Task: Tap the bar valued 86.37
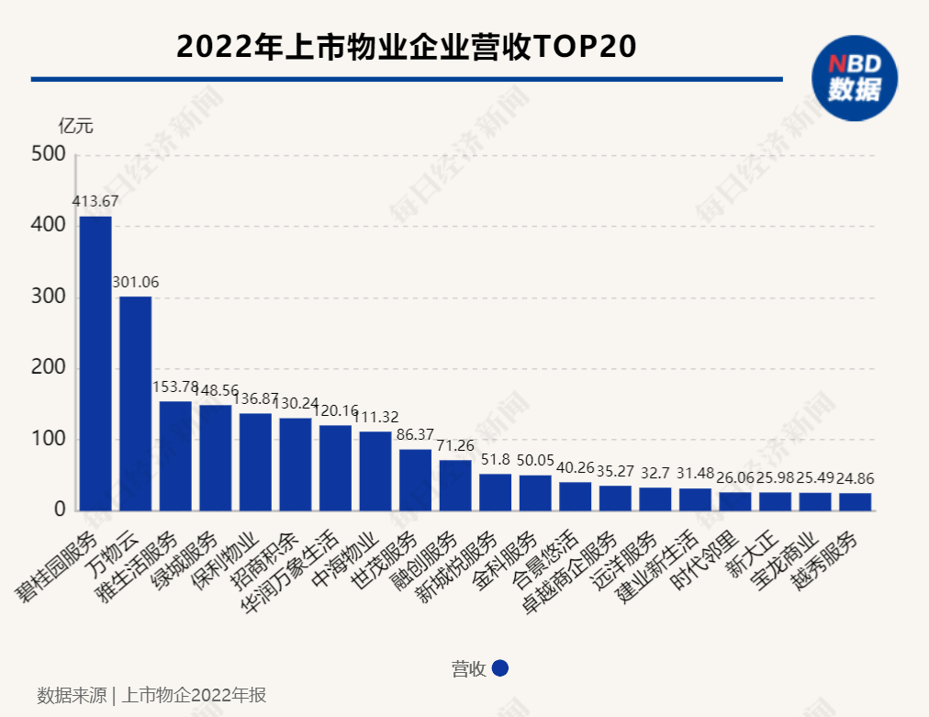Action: click(415, 479)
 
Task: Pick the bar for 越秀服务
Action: click(855, 501)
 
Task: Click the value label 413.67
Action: click(95, 201)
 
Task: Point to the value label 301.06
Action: click(136, 282)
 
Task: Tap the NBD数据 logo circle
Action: click(855, 78)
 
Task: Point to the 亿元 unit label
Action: click(75, 126)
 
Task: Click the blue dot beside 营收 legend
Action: click(500, 668)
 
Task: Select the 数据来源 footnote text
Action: click(151, 695)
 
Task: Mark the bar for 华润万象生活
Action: click(335, 467)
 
